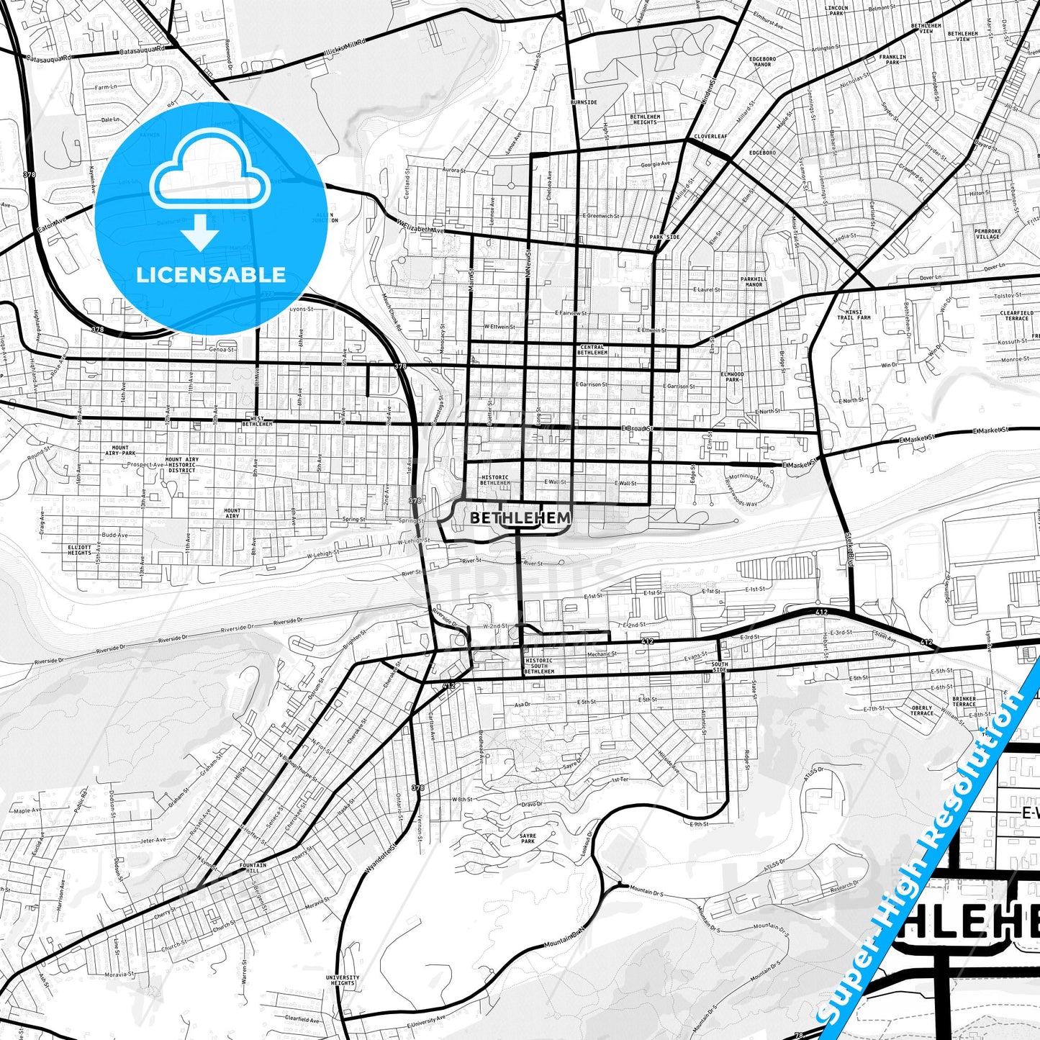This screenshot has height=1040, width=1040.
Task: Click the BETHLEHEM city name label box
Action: tap(520, 517)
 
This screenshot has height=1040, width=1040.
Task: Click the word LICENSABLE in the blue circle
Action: tap(211, 275)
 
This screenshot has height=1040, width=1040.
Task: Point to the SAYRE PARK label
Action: tap(528, 838)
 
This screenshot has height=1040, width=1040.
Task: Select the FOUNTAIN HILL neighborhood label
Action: tap(253, 868)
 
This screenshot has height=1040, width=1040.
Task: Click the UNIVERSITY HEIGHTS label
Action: tap(342, 980)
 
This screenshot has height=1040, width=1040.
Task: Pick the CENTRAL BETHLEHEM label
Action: tap(592, 350)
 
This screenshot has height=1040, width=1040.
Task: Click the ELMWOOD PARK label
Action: tap(732, 377)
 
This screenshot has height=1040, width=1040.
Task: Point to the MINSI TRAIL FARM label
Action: tap(854, 315)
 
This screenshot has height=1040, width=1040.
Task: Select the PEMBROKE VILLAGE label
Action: tap(987, 234)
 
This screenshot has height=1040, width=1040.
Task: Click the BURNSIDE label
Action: tap(583, 102)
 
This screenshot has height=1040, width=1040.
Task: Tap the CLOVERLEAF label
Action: tap(710, 136)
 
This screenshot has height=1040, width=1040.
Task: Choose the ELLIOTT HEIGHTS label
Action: tap(79, 550)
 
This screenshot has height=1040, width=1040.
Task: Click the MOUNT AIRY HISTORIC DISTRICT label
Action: tap(181, 465)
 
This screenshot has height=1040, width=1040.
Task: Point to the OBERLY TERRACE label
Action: tap(921, 710)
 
